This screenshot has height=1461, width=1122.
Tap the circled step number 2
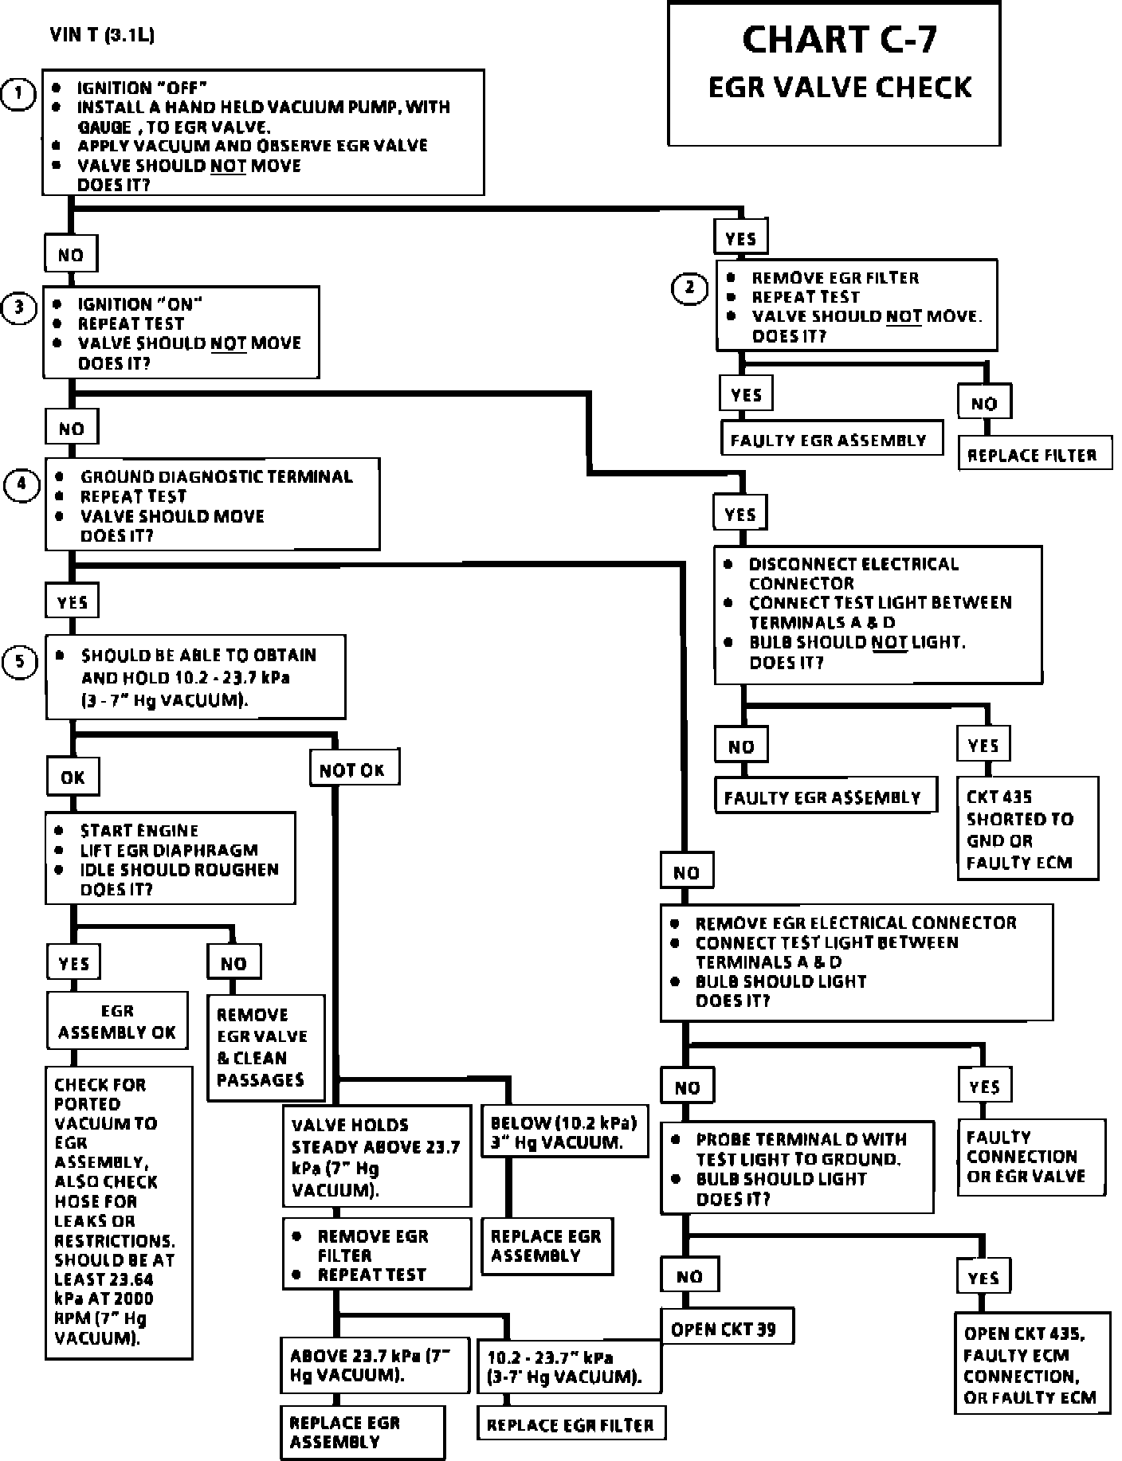(689, 288)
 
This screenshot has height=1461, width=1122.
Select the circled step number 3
(20, 308)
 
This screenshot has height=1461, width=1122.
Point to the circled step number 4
(22, 486)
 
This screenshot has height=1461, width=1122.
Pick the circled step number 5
(20, 663)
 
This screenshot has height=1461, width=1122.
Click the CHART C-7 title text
(839, 39)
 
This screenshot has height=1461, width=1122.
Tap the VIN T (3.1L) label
(102, 35)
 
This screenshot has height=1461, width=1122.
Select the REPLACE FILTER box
(1033, 455)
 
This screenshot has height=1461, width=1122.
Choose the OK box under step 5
(73, 777)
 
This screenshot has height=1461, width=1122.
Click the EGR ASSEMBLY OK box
(117, 1021)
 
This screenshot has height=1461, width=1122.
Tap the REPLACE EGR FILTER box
(571, 1425)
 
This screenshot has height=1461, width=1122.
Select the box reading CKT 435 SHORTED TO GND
(1027, 829)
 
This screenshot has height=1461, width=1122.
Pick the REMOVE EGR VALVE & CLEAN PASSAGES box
(265, 1048)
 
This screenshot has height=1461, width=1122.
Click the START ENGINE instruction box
(170, 859)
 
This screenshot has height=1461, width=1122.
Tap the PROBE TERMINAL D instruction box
(797, 1169)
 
